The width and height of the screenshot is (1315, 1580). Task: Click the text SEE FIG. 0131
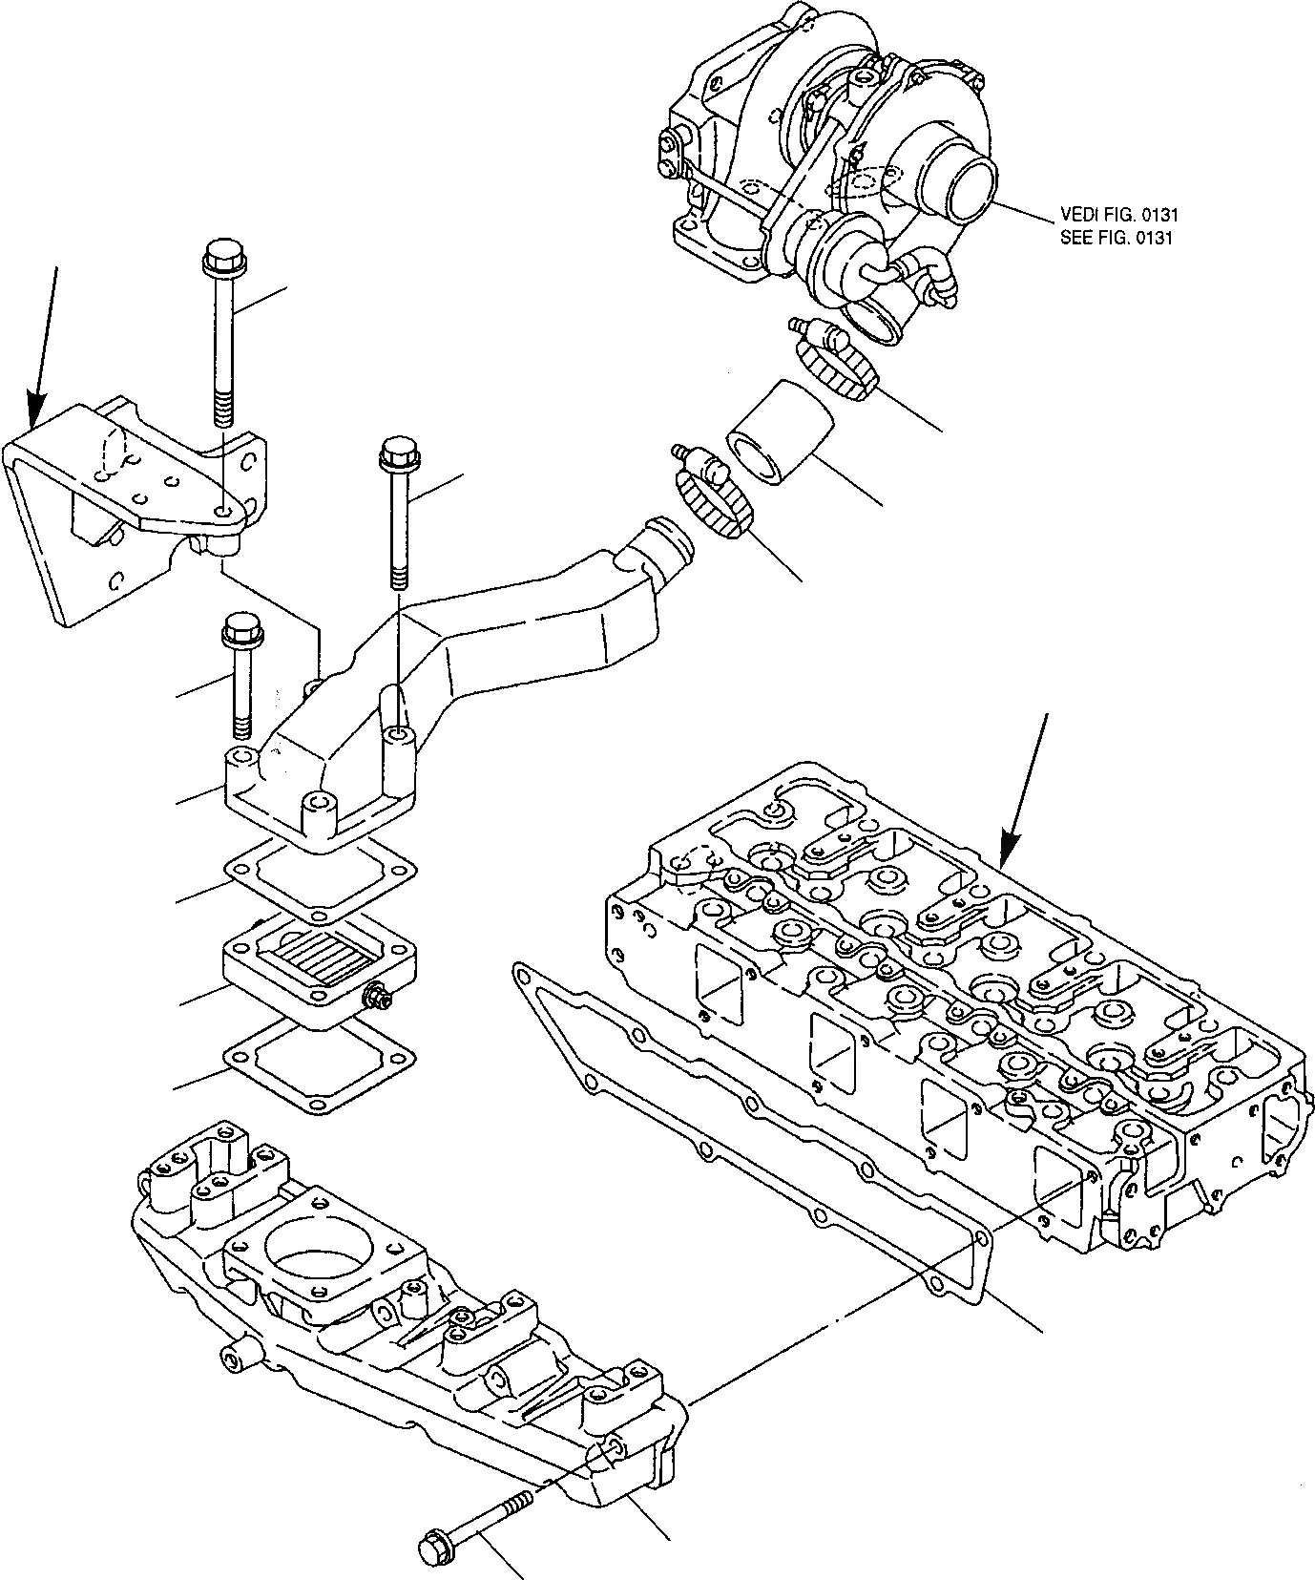click(1115, 238)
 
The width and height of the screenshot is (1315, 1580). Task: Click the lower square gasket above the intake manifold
click(320, 1065)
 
